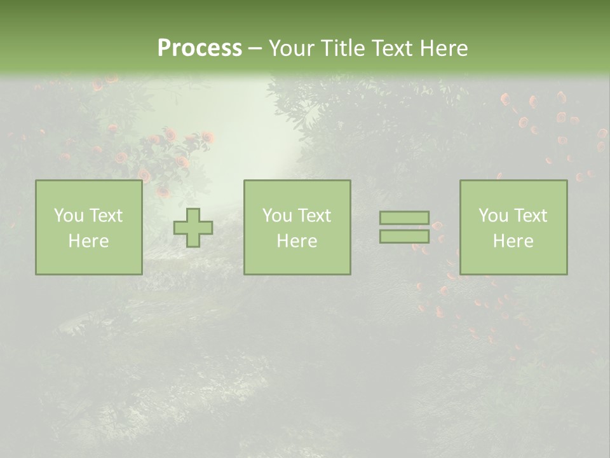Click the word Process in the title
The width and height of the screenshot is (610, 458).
tap(200, 48)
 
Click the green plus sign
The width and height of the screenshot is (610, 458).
tap(194, 228)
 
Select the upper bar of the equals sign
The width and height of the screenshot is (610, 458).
tap(404, 218)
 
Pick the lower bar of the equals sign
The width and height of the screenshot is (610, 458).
tap(404, 237)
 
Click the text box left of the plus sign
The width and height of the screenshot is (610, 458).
tap(88, 227)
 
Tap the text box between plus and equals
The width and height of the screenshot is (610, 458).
tap(297, 227)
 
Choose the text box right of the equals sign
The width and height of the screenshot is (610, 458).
tap(513, 227)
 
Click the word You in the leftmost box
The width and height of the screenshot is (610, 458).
tap(69, 216)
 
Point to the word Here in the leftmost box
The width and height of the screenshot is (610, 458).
tap(88, 241)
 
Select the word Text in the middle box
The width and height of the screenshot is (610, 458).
tap(314, 216)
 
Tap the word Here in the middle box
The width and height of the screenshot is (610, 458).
tap(297, 241)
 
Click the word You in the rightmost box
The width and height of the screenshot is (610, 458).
tap(493, 216)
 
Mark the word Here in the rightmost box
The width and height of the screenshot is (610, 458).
tap(513, 241)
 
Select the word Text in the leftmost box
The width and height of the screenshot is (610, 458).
tap(105, 216)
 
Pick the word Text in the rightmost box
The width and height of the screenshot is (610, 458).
tap(530, 216)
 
